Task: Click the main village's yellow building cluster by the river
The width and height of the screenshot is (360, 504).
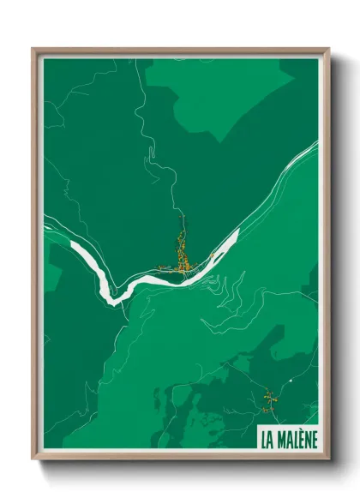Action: (182, 257)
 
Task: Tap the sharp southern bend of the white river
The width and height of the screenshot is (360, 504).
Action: (110, 297)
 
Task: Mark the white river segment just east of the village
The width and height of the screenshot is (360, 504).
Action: (218, 252)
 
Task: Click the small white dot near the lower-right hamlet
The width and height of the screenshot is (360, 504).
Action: (291, 378)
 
